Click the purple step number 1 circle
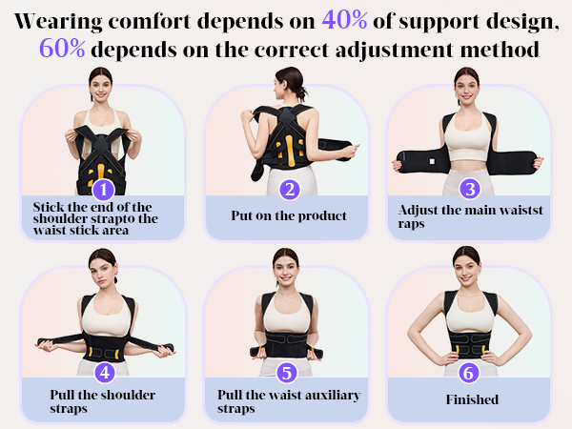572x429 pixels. tap(102, 190)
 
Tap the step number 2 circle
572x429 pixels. tap(291, 190)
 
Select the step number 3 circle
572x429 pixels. tap(469, 188)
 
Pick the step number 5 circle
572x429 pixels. tap(286, 373)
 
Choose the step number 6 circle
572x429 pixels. tap(469, 373)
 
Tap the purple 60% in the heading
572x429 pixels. tap(63, 48)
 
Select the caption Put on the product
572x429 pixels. tap(288, 215)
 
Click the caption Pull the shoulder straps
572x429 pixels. tap(102, 401)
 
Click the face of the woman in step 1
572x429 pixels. tap(100, 84)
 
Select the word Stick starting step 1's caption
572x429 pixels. tap(48, 205)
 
